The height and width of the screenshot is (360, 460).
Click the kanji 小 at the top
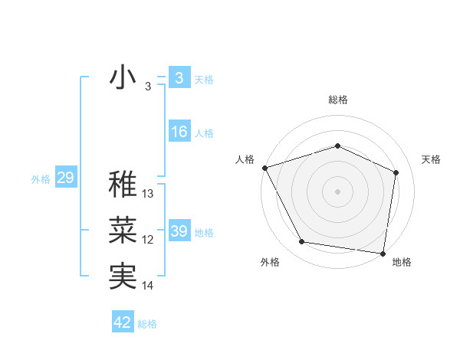tap(123, 78)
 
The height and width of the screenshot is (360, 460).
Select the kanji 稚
tap(123, 184)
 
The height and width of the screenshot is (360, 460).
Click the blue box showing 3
tap(179, 78)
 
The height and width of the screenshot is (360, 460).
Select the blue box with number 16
tap(179, 132)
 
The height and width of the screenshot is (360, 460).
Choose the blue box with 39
tap(179, 231)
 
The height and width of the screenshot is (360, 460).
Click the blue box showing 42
tap(123, 322)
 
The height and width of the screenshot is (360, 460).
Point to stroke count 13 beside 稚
tap(148, 194)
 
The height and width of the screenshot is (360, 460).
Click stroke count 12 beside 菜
tap(148, 240)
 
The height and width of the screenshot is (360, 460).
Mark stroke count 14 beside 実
tap(148, 286)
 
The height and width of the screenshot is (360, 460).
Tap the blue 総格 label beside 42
tap(147, 324)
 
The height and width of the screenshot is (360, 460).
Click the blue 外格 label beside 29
tap(41, 179)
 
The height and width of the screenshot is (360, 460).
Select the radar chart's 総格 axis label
tap(337, 100)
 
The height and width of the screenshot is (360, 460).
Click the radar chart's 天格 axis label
tap(432, 159)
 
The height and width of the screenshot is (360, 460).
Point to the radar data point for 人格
tap(264, 167)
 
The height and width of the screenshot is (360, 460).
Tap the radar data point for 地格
tap(383, 253)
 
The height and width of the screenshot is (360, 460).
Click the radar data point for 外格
tap(302, 242)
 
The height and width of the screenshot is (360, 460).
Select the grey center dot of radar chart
tap(337, 191)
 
